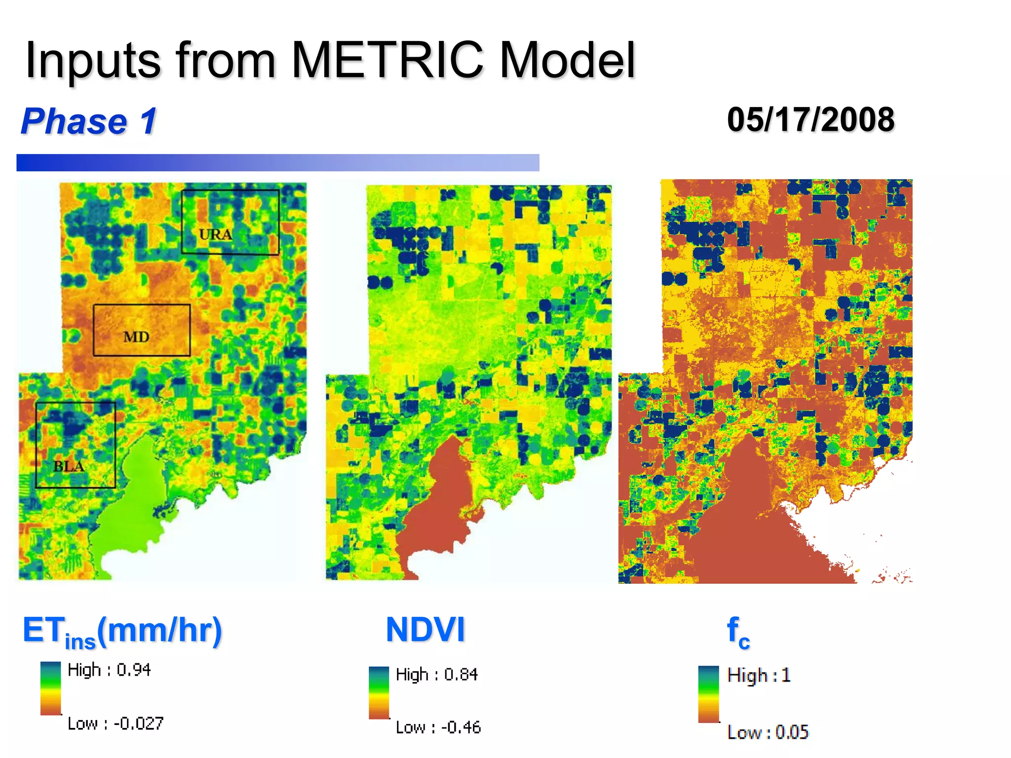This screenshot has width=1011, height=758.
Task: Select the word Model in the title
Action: click(x=567, y=60)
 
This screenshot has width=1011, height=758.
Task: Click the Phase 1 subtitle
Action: click(x=89, y=121)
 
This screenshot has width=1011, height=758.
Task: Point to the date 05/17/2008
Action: click(x=811, y=120)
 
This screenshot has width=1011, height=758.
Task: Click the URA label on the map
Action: click(x=215, y=234)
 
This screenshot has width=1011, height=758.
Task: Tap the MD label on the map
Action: click(x=136, y=337)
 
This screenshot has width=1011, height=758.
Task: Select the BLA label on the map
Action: click(x=69, y=466)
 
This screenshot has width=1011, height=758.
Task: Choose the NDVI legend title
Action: click(x=425, y=630)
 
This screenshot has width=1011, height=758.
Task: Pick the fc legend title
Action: click(x=738, y=632)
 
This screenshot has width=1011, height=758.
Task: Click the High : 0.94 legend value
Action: click(x=109, y=670)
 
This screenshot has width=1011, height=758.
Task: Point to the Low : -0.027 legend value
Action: click(x=116, y=723)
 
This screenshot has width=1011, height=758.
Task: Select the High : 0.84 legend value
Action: click(x=437, y=674)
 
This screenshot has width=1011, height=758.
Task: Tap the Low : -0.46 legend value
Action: click(x=438, y=727)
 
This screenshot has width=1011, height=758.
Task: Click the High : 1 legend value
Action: click(x=759, y=675)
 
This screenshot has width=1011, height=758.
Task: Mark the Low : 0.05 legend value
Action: click(x=768, y=732)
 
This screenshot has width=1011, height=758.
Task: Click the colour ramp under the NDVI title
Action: click(x=379, y=692)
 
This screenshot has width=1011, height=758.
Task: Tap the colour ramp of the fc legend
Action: click(x=708, y=694)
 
